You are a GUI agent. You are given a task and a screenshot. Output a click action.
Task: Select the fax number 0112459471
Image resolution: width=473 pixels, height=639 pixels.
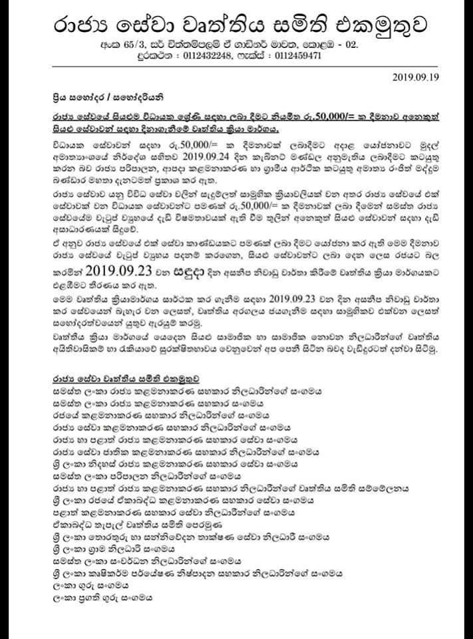point(297,56)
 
